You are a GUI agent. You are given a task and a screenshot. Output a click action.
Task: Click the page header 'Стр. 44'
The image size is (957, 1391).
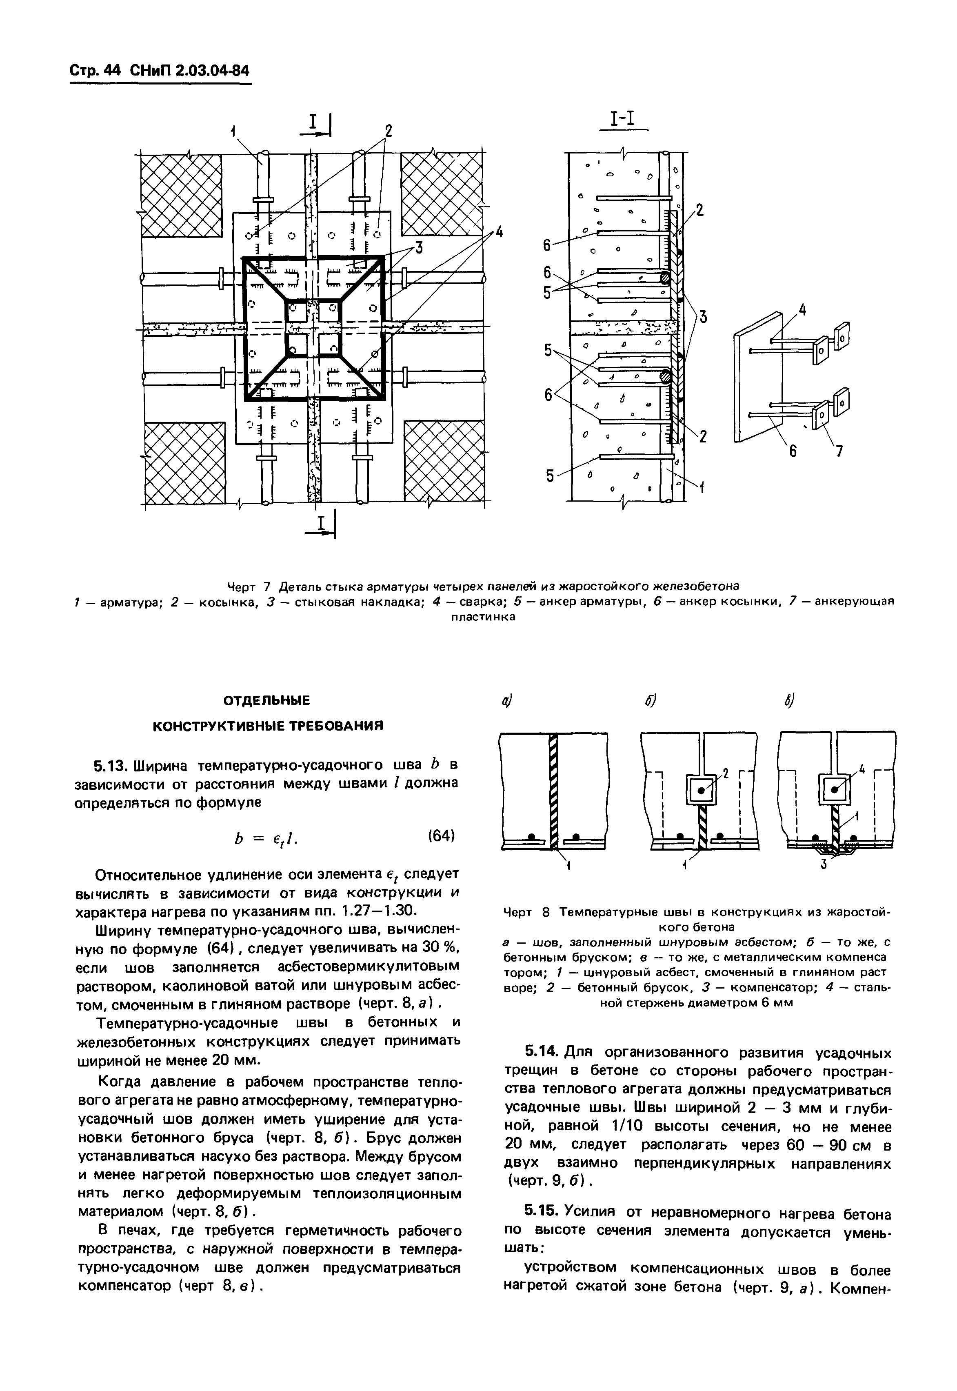point(95,71)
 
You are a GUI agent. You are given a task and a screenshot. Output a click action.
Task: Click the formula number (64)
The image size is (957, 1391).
point(440,835)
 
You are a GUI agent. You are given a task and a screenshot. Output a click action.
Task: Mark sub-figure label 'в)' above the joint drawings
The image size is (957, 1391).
point(789,701)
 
